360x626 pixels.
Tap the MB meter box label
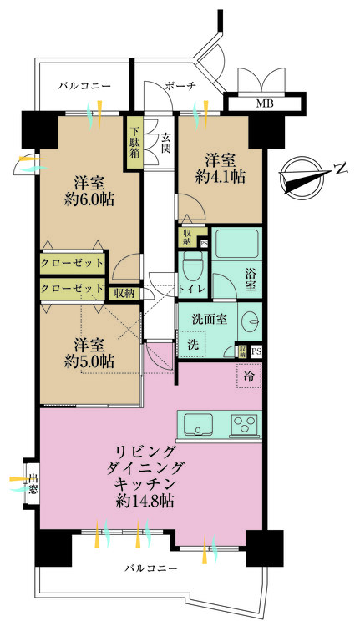(265, 104)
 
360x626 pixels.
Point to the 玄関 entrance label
(166, 144)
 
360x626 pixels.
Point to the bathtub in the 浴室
(237, 244)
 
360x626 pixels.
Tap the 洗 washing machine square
(192, 344)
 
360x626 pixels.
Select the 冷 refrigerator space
(250, 377)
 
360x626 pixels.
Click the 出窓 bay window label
(32, 485)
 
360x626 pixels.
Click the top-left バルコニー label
(84, 85)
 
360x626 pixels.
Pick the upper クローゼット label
(73, 263)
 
